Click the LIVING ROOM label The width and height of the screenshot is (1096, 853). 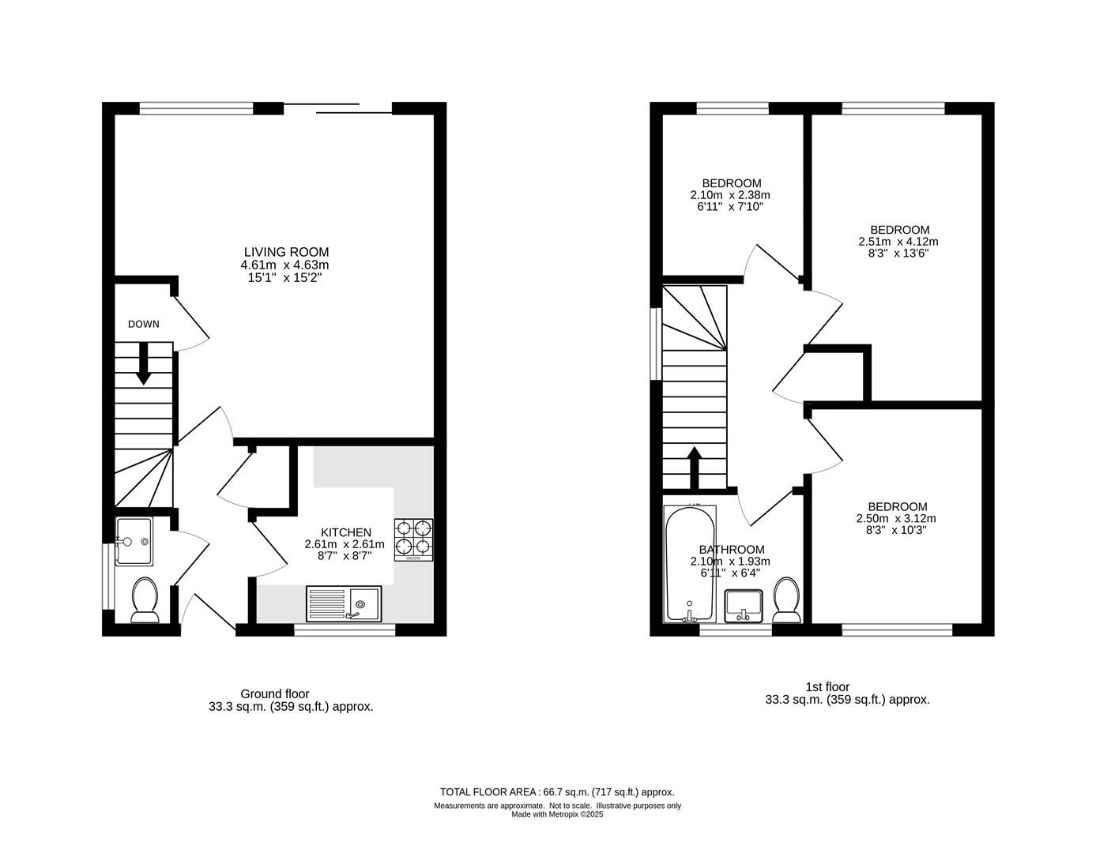point(286,252)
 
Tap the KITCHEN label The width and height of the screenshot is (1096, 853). point(346,532)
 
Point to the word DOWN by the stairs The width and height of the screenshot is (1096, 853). point(144,324)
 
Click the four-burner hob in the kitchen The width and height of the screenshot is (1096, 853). point(413,540)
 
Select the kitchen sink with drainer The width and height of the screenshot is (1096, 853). point(344,603)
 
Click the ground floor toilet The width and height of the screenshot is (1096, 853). point(145,600)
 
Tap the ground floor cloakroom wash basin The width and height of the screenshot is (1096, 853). point(134,541)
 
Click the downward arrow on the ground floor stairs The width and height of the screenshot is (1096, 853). point(144,363)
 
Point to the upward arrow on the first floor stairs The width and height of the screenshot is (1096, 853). point(695,468)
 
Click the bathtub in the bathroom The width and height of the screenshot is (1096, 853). point(690,564)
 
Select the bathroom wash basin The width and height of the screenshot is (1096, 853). point(744,606)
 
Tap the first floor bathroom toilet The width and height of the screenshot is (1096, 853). point(786,600)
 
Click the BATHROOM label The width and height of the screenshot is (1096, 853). point(732,550)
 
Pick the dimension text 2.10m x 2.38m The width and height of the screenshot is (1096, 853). point(730,195)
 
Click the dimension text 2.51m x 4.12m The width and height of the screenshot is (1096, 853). point(898,242)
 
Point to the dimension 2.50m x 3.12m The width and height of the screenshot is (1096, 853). point(896,518)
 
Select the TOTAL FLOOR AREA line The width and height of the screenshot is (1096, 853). point(557,792)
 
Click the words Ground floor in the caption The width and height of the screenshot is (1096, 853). point(275,693)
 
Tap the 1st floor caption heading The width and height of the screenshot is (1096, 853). point(827,686)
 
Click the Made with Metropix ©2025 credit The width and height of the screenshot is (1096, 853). point(557,814)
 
